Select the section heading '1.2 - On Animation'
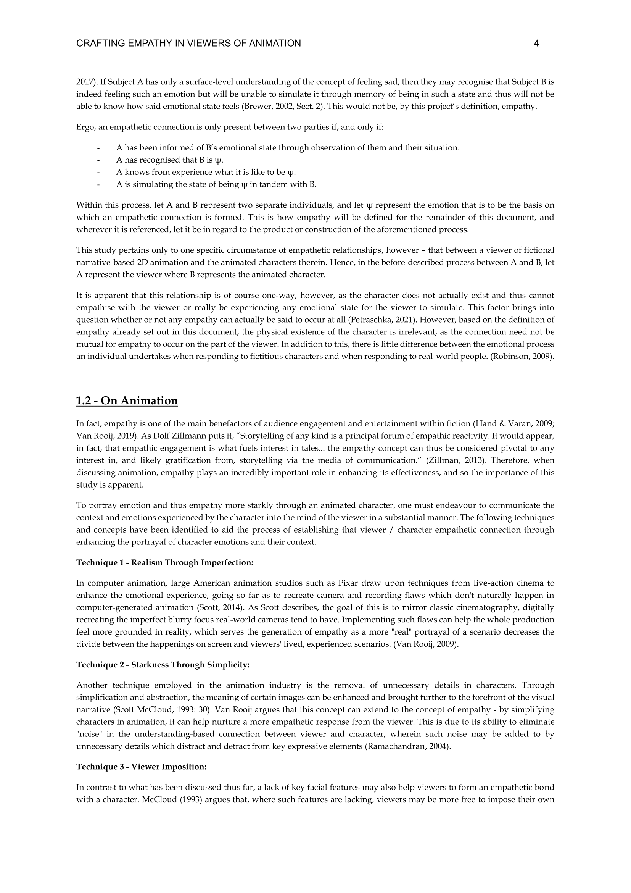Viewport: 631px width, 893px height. point(127,400)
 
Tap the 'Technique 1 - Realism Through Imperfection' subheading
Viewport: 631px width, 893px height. point(165,562)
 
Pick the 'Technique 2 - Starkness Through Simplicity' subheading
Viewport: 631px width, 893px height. point(163,665)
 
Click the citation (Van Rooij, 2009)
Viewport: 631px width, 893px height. point(426,644)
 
